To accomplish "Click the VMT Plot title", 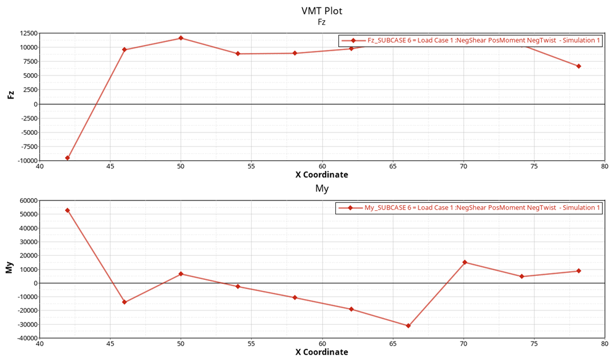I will coord(322,10).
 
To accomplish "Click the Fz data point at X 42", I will coord(67,158).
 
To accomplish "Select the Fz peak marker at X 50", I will coord(181,38).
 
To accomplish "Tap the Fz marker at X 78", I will coord(579,66).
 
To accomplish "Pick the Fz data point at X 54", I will coord(237,54).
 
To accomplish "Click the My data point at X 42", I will coord(67,210).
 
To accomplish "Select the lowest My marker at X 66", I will coord(408,326).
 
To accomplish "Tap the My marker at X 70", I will coord(465,262).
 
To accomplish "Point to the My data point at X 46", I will coord(124,302).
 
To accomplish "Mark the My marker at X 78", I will coord(579,271).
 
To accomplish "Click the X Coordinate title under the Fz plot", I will coord(322,175).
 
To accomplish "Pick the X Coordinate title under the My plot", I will coord(322,352).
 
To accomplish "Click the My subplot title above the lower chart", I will coord(322,188).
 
